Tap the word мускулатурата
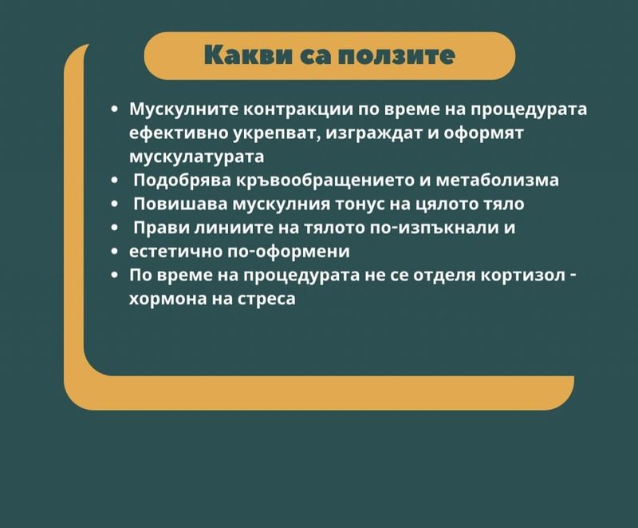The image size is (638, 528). point(196,157)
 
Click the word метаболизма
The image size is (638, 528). point(497,181)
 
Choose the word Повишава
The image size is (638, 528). point(181,204)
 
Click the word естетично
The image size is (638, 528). point(175,252)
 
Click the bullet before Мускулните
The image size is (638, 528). point(115,110)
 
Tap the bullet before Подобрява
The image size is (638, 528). point(115,181)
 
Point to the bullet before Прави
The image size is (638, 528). point(115,228)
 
